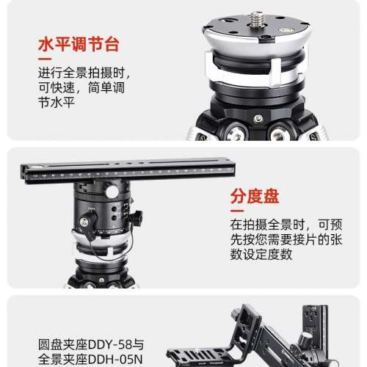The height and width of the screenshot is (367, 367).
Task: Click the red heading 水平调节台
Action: coord(79,44)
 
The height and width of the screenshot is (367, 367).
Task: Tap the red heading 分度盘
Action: coord(255,196)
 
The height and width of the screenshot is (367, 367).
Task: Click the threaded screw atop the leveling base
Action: coord(256,19)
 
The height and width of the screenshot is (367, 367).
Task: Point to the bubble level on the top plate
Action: coord(286,30)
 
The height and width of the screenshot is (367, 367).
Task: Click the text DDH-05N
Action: coord(115,360)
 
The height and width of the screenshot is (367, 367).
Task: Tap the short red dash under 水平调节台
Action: coord(45,59)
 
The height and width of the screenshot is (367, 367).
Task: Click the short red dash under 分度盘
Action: coord(237,211)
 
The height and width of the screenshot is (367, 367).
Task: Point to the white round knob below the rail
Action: coord(112,192)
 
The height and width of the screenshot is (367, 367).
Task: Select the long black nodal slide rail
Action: coord(128,170)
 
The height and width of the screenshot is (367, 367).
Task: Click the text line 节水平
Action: coord(57,102)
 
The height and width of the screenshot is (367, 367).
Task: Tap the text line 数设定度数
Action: coord(261,254)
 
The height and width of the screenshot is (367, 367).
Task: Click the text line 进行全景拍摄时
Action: coord(84,73)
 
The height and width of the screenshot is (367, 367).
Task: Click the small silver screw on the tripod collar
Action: coord(258,119)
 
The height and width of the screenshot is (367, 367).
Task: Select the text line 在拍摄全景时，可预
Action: coord(286,225)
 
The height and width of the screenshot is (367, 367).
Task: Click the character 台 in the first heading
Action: coord(112,44)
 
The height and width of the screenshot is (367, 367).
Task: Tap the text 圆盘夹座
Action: coord(63,344)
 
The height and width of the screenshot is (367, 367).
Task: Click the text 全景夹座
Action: coord(63,360)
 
